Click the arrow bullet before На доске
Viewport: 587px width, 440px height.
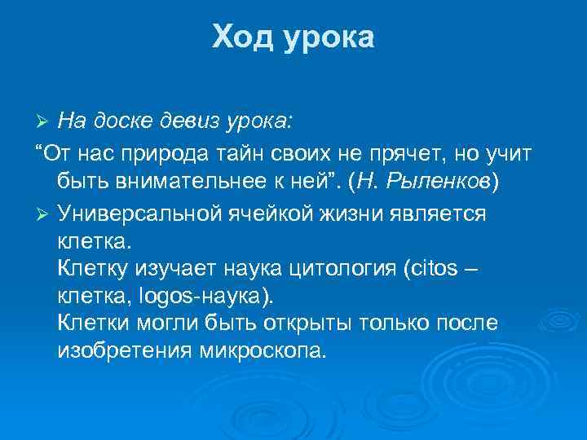(x=44, y=122)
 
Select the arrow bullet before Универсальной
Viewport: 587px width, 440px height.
(x=44, y=213)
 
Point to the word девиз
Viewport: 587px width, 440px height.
(x=192, y=121)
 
